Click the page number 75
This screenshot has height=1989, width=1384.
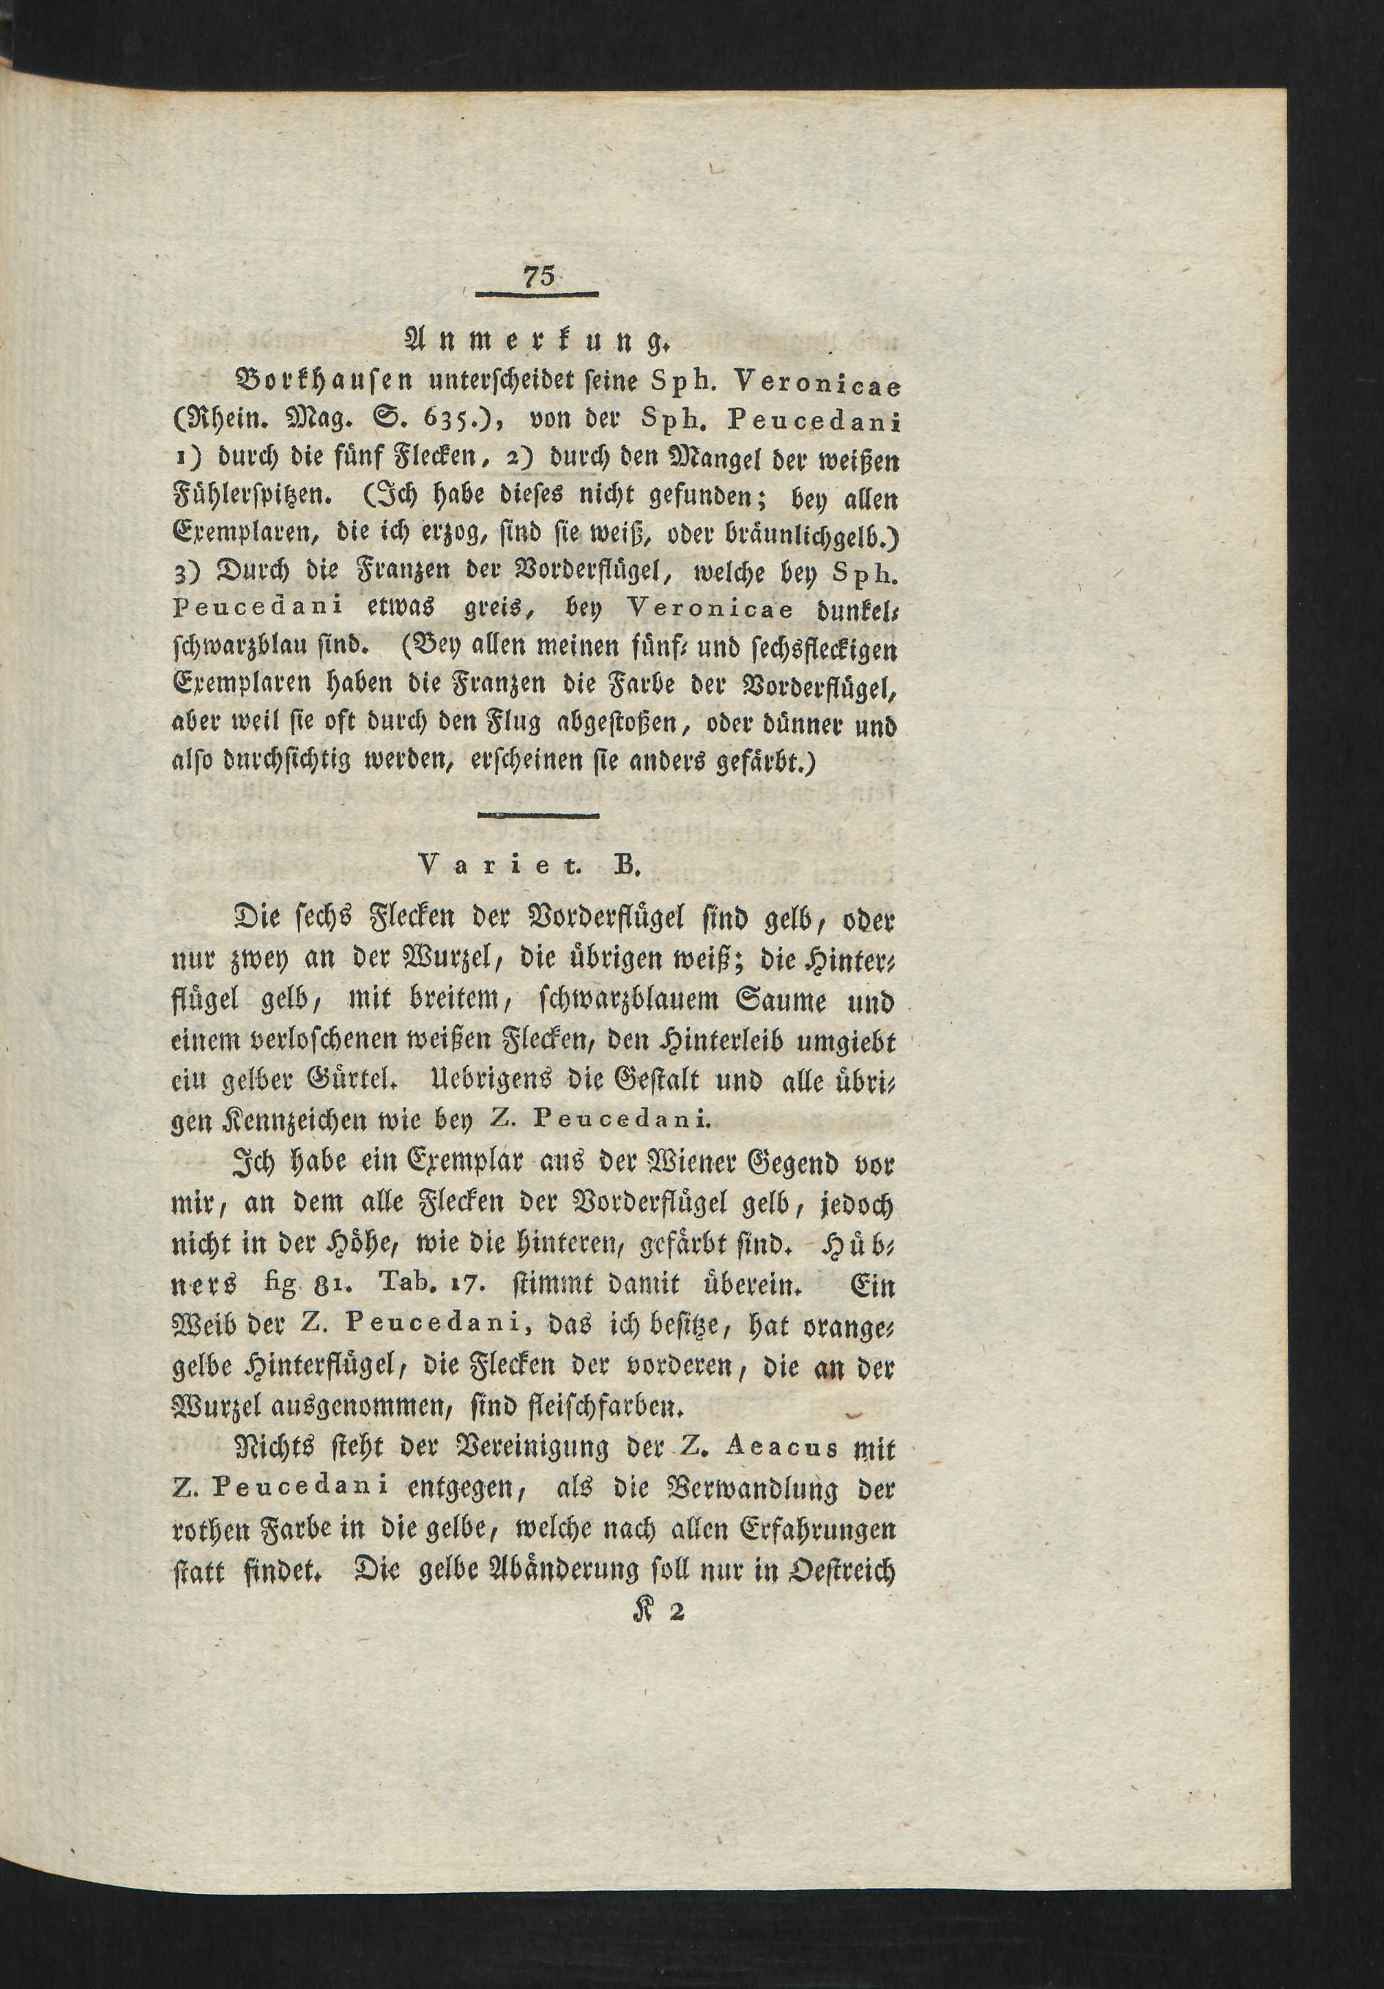(538, 279)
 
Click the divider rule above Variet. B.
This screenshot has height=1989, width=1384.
(538, 816)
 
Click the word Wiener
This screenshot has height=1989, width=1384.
(682, 1163)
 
